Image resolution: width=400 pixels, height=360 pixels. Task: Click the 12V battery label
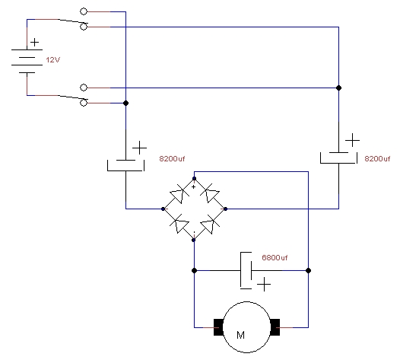[x=52, y=59]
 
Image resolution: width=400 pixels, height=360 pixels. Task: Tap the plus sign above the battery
[x=35, y=42]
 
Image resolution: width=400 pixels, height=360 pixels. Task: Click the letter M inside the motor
[x=240, y=335]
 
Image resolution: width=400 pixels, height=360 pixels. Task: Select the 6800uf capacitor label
[x=275, y=257]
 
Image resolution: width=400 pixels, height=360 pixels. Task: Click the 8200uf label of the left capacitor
[x=172, y=159]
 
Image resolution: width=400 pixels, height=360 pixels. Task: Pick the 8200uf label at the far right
[x=377, y=159]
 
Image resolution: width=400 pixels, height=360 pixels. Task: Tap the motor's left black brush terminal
[x=218, y=327]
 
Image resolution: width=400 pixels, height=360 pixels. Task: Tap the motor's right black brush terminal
[x=275, y=327]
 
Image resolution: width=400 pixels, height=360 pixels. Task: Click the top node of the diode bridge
[x=194, y=178]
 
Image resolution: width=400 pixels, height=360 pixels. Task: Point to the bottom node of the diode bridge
[x=194, y=240]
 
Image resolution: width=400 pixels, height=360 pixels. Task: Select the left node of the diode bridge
[x=163, y=209]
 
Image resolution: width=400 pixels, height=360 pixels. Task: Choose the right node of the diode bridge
[x=225, y=209]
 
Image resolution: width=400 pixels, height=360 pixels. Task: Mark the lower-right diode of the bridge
[x=210, y=224]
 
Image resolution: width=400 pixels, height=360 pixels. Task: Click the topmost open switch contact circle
[x=84, y=11]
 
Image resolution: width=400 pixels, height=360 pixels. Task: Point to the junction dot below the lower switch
[x=125, y=104]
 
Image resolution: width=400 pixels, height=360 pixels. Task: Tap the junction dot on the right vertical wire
[x=338, y=88]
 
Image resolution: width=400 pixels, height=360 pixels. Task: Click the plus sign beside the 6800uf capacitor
[x=264, y=284]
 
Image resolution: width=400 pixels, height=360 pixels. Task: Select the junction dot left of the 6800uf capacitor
[x=194, y=270]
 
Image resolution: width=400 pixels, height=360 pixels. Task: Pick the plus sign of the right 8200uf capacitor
[x=353, y=140]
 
